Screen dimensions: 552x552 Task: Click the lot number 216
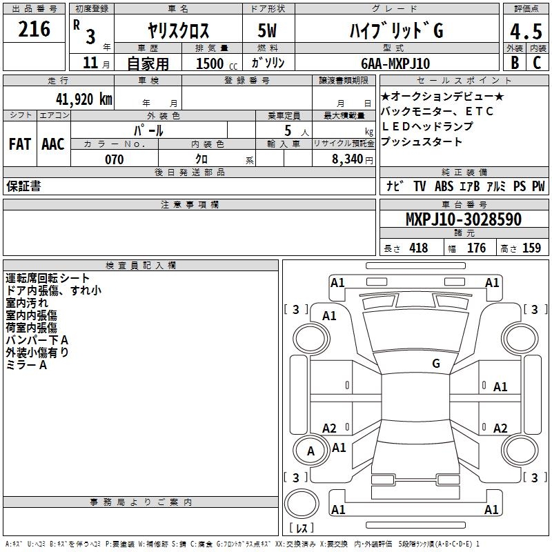tap(34, 30)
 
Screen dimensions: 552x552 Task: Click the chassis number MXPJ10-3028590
tap(463, 220)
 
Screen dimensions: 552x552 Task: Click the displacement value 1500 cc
tap(214, 63)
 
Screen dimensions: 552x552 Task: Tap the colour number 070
tap(114, 159)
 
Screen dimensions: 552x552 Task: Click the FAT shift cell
tap(20, 144)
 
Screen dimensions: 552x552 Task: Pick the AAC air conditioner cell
tap(53, 144)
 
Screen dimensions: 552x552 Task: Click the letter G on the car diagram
tap(436, 363)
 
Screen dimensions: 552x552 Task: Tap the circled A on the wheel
tap(310, 451)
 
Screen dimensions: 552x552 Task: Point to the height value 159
tap(531, 248)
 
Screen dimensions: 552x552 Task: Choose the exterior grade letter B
tap(513, 63)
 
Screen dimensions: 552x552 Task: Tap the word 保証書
tap(23, 186)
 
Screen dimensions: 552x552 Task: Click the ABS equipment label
tap(445, 186)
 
